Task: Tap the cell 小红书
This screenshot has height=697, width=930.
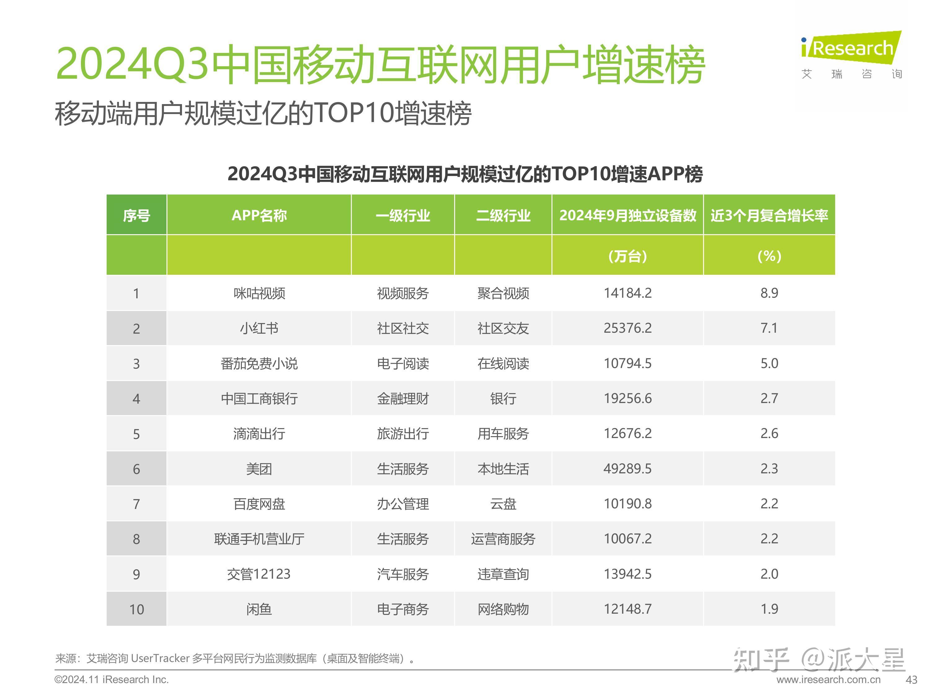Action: [x=259, y=328]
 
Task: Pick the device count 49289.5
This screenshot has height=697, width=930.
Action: [x=627, y=468]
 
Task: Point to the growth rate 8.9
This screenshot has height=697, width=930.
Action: [x=769, y=293]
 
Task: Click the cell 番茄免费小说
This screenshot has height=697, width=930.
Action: [x=259, y=363]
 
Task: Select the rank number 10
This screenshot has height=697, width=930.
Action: [x=136, y=609]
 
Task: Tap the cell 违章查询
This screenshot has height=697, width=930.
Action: [x=503, y=574]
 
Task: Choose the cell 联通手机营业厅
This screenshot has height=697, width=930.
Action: [x=259, y=539]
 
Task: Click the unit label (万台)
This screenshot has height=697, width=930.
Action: [x=627, y=256]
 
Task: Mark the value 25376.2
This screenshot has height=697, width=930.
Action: [x=627, y=328]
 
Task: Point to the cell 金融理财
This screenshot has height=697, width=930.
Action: [x=402, y=398]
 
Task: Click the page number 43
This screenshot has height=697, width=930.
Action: [x=911, y=680]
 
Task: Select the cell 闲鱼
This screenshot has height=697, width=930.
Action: [x=259, y=609]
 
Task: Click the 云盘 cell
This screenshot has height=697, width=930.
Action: [x=503, y=504]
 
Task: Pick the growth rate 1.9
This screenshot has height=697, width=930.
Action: [x=769, y=609]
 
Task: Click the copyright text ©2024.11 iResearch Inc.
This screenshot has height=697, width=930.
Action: [x=111, y=680]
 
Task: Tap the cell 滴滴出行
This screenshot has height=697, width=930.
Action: [x=259, y=434]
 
